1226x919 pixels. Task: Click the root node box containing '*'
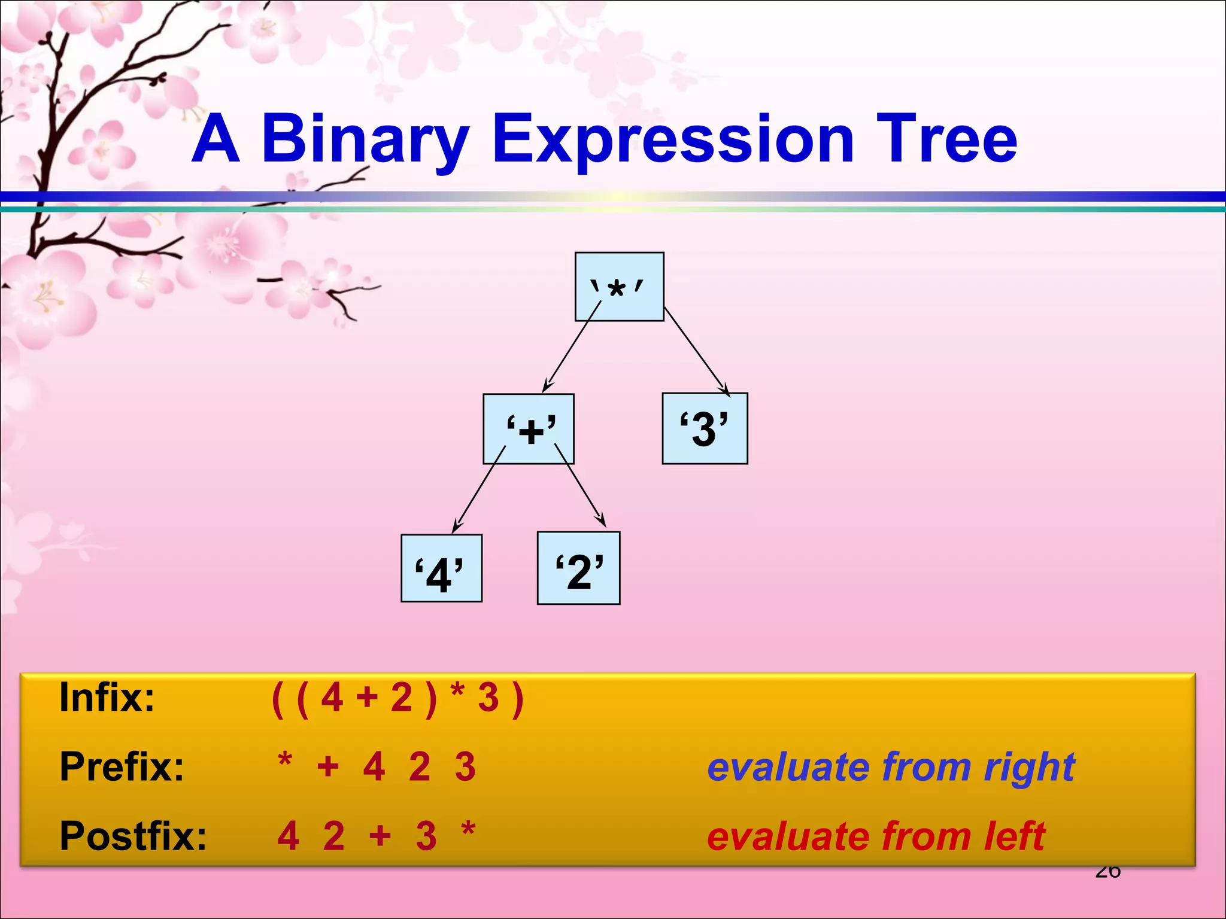tap(619, 287)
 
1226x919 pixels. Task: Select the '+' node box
tap(529, 428)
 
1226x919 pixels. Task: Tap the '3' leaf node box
tap(705, 428)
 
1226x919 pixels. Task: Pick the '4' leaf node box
tap(441, 568)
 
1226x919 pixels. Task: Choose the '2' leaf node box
tap(578, 568)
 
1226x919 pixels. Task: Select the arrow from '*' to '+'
tap(571, 347)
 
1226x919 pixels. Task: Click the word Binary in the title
tap(365, 140)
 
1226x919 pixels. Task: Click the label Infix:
tap(107, 698)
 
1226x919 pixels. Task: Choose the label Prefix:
tap(122, 766)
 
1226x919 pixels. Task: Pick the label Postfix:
tap(133, 836)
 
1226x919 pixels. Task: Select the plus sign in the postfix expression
tap(380, 835)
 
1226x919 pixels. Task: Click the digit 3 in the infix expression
tap(488, 698)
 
